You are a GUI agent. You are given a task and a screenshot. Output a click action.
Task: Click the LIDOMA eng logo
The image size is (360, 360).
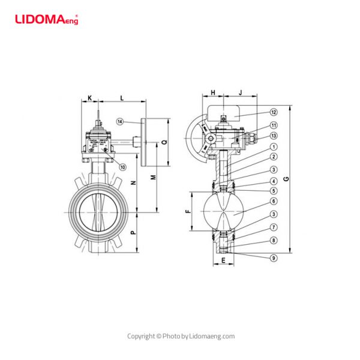click(46, 19)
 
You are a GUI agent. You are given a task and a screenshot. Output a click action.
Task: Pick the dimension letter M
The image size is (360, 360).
click(154, 178)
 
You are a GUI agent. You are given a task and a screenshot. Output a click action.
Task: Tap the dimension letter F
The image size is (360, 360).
click(187, 212)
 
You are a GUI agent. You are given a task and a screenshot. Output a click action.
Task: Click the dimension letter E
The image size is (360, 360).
click(223, 260)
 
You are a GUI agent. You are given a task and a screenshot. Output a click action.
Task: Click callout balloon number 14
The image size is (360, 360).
click(120, 122)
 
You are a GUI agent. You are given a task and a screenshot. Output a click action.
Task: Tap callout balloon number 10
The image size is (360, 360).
click(122, 166)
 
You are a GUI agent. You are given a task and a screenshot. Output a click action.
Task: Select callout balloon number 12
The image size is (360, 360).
click(273, 112)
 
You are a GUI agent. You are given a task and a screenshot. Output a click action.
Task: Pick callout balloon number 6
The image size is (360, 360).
click(273, 201)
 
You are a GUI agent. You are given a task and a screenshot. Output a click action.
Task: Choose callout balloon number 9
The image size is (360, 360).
click(273, 258)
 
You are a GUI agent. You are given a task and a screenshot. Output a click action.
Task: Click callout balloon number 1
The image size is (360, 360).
click(273, 146)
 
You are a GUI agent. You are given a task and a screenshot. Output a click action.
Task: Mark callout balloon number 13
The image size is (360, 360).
click(273, 136)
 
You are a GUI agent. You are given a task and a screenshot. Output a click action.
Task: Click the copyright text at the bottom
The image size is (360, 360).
click(180, 336)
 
